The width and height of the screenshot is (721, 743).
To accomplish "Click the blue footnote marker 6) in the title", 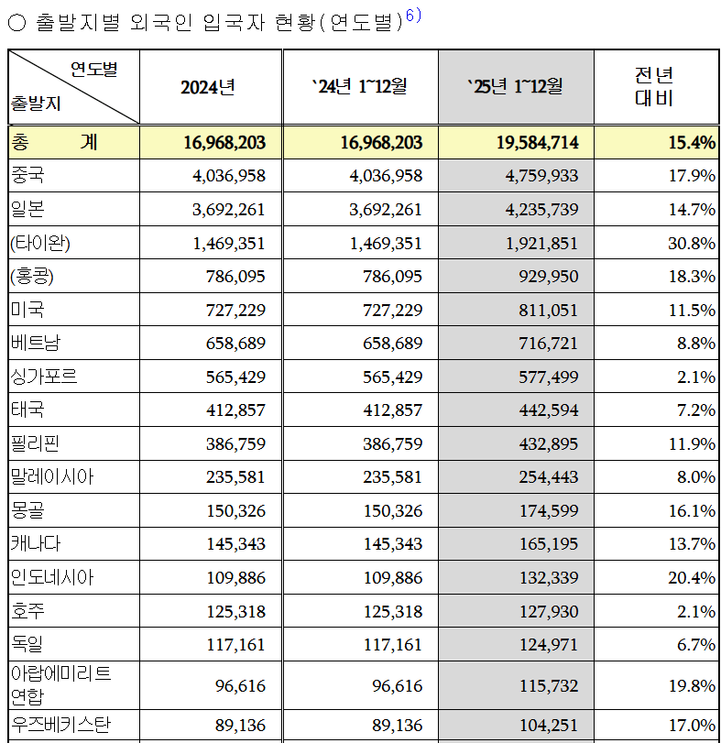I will (413, 16).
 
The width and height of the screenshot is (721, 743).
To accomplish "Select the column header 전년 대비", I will (654, 87).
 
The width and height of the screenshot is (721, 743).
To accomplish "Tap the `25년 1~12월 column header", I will (515, 87).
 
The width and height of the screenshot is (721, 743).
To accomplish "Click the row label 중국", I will (27, 175).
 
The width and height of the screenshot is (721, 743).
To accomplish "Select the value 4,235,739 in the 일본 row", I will (539, 210).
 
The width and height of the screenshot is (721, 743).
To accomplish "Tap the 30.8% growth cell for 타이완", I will (692, 244).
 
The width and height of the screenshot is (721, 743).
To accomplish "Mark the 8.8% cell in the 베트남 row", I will (697, 344).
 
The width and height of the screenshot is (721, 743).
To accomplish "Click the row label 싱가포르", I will (45, 377).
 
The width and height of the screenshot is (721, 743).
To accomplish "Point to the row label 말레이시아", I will (52, 477).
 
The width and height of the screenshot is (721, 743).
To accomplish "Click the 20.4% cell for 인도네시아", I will (692, 578).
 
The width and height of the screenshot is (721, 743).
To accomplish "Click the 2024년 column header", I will (208, 87).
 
